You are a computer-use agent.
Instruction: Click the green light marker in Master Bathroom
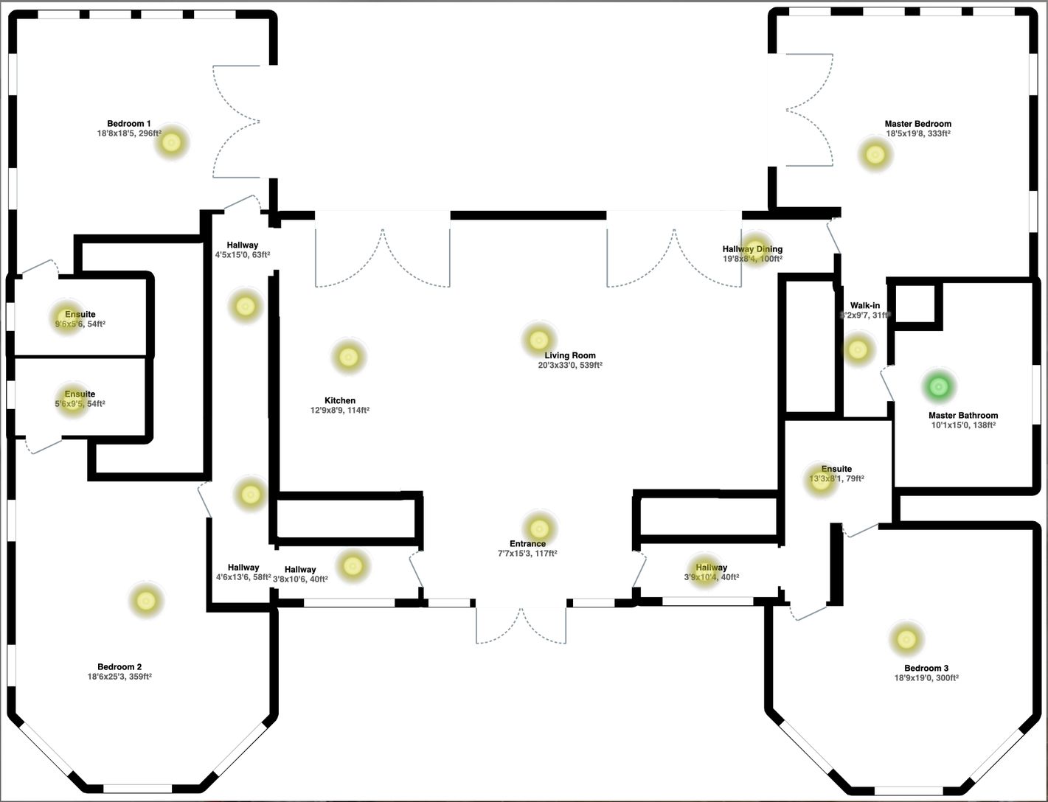pos(938,386)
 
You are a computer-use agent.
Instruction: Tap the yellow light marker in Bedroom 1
pos(171,142)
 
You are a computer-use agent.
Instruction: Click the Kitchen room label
pos(340,401)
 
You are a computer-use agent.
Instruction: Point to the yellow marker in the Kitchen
pos(348,358)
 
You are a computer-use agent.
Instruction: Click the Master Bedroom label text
pos(917,124)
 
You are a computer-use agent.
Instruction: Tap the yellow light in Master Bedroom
pos(875,155)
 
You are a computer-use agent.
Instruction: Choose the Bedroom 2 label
pos(119,667)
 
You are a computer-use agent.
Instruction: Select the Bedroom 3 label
pos(926,669)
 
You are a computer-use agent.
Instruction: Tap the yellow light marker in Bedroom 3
pos(906,640)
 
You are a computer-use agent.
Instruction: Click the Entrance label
pos(527,544)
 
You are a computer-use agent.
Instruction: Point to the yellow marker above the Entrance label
pos(538,529)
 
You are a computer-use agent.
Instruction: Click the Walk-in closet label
pos(864,305)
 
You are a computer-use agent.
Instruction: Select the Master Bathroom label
pos(963,416)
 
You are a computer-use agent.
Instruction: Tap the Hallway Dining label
pos(752,249)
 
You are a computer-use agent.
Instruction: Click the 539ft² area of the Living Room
pos(590,365)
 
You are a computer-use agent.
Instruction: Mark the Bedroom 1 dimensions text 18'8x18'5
pos(117,133)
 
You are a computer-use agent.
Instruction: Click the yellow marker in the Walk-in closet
pos(857,349)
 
